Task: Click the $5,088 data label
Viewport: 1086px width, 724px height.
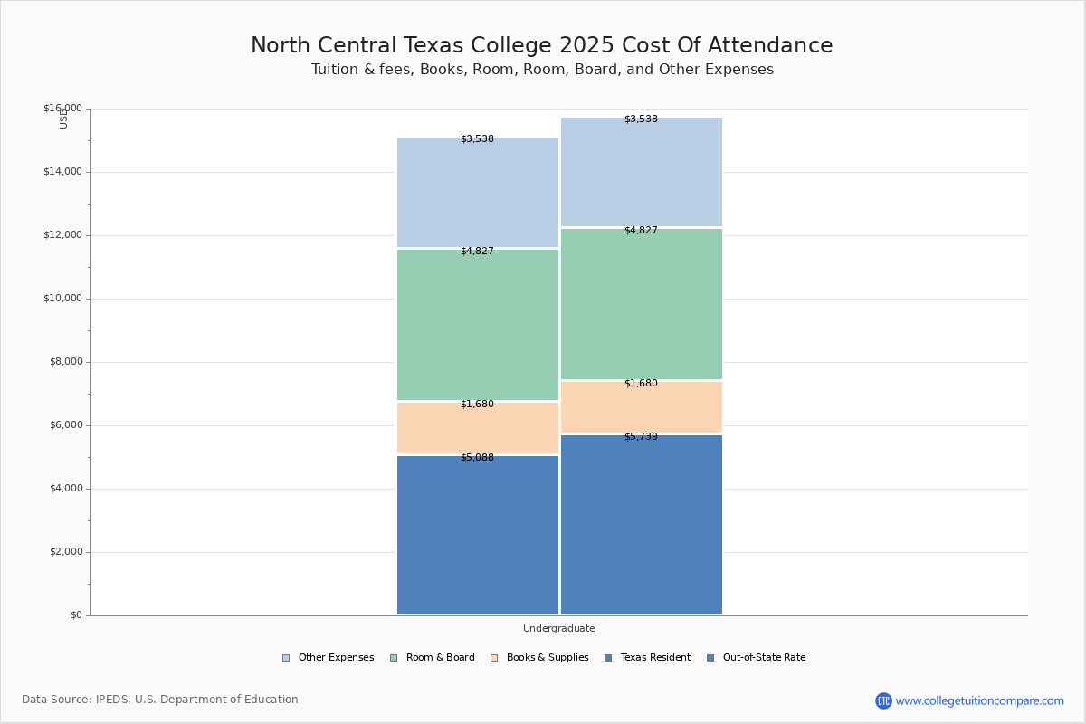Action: coord(477,458)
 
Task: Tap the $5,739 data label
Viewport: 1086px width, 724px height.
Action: coord(641,437)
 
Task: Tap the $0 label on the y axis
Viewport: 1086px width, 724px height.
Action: coord(75,615)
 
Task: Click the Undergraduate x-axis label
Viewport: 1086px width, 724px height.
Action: coord(558,628)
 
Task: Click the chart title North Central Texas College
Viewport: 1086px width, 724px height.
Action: coord(541,46)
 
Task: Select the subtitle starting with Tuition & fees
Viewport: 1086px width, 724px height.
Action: coord(542,70)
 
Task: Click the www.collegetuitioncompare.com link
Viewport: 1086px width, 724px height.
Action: coord(979,700)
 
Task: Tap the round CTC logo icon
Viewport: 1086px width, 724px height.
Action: coord(883,700)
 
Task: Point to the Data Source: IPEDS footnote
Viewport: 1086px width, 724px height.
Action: coord(160,700)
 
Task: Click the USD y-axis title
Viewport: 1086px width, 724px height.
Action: coord(63,119)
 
